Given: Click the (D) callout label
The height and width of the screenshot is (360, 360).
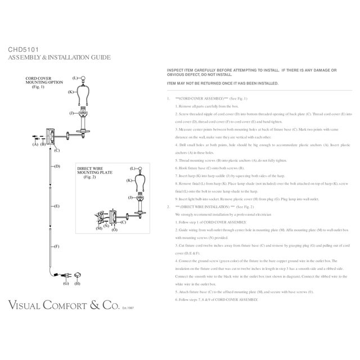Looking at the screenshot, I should [x=57, y=167].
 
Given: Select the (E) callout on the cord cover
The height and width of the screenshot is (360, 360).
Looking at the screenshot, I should [x=57, y=206].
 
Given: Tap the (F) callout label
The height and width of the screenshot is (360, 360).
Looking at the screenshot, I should [x=57, y=246].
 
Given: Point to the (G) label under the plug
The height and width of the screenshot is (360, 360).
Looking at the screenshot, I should [x=65, y=283].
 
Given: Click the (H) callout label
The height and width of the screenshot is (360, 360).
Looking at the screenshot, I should [x=78, y=283].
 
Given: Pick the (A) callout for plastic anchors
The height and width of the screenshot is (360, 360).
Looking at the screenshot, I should [x=35, y=145].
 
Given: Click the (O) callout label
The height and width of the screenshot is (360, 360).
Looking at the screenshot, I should [x=115, y=229].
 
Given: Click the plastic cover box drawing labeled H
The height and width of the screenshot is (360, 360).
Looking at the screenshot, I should [x=78, y=274].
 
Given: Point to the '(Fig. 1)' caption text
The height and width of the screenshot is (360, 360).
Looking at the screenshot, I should [x=38, y=88].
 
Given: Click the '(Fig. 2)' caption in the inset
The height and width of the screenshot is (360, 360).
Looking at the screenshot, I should [x=90, y=177].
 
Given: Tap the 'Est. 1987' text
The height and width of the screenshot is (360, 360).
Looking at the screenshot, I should [x=128, y=308].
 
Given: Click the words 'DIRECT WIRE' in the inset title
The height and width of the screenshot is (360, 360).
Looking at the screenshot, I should [x=89, y=168].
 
